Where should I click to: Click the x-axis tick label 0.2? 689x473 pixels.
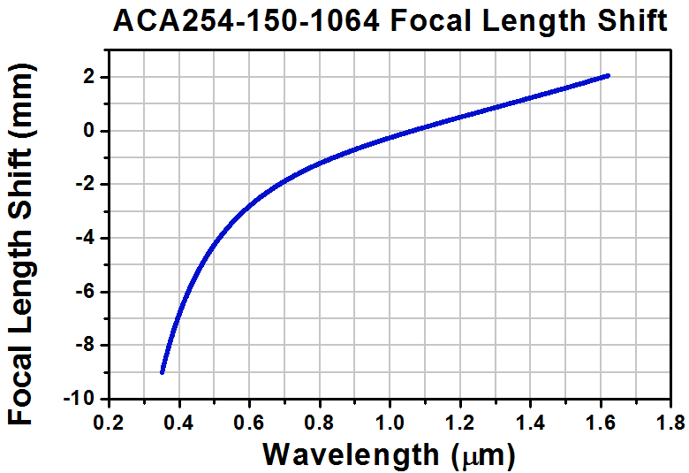(x=110, y=418)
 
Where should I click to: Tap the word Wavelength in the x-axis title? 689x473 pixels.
(x=350, y=454)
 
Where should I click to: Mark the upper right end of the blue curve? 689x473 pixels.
(x=608, y=76)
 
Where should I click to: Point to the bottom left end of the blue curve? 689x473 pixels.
(x=162, y=372)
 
